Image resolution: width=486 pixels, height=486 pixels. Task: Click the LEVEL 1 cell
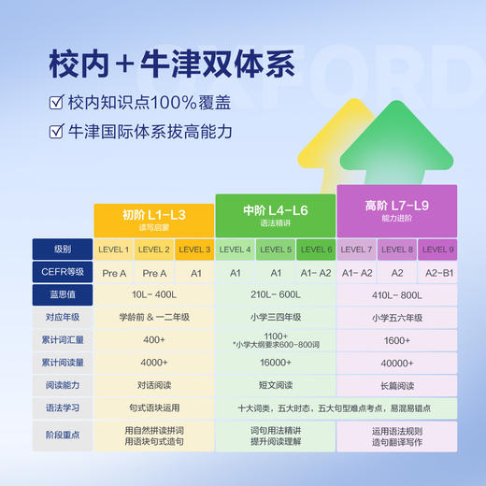(x=114, y=250)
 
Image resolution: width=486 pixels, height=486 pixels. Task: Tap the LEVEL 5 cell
(x=276, y=250)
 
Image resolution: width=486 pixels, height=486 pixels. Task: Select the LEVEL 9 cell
(x=437, y=250)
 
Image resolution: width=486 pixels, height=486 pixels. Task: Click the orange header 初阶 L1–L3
(x=153, y=218)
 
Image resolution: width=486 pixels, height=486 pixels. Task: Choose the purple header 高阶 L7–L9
(x=397, y=208)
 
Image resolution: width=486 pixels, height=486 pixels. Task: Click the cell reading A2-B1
(x=437, y=272)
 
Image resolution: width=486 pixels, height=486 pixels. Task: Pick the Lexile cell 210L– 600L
(x=275, y=294)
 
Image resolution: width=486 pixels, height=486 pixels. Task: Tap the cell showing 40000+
(x=397, y=363)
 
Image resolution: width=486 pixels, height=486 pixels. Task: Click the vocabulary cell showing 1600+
(x=397, y=339)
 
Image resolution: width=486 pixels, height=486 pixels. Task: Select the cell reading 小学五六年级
(x=397, y=317)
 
